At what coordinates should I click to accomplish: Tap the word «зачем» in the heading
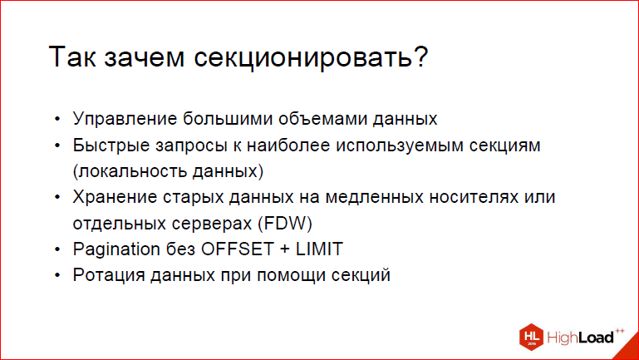coord(144,57)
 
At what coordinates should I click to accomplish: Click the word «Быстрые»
coord(111,145)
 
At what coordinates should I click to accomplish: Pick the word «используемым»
coord(400,146)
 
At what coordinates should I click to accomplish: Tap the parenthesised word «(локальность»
coord(130,171)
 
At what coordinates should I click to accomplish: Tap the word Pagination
coord(116,249)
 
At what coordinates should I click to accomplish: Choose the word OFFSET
coord(237,249)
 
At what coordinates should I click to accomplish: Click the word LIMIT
coord(319,249)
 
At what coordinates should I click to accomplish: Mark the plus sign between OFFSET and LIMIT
coord(285,249)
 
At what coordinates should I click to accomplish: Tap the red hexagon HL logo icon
coord(532,337)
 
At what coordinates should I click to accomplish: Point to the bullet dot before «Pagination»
coord(57,249)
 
